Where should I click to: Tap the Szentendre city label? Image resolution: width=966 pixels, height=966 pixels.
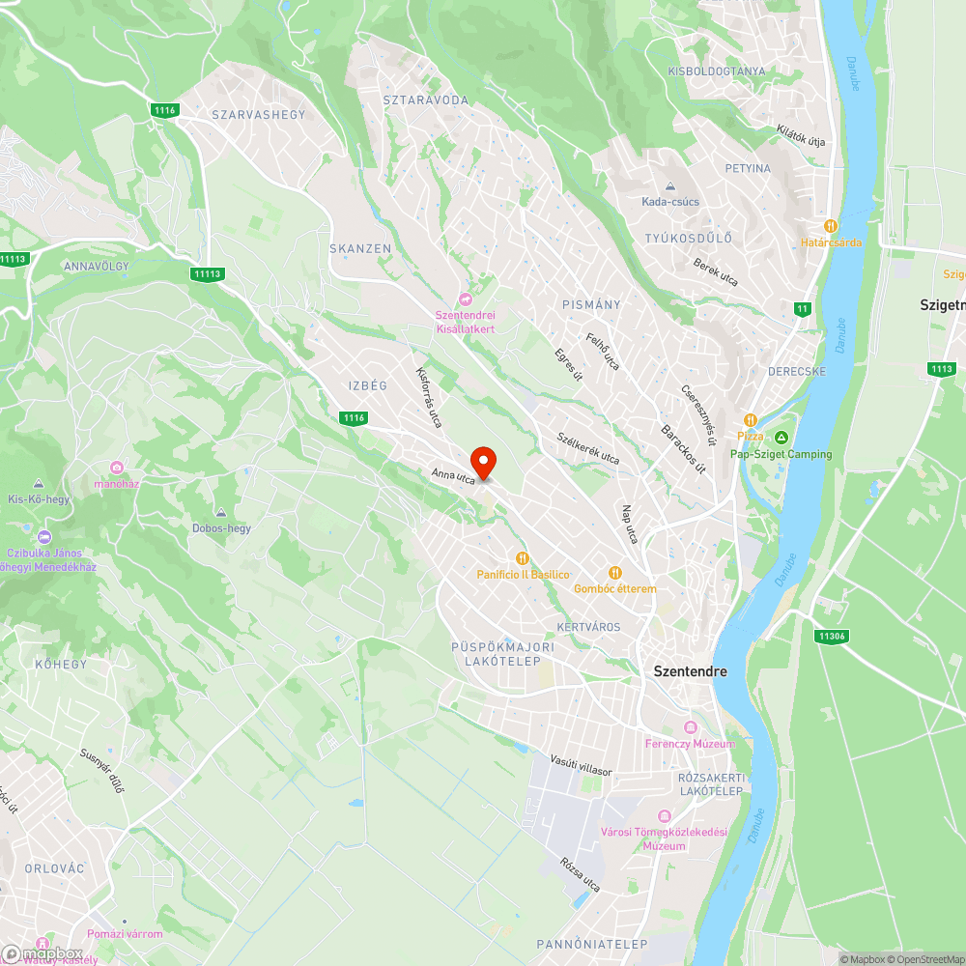(691, 671)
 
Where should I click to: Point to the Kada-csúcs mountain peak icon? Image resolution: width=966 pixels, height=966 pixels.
(670, 186)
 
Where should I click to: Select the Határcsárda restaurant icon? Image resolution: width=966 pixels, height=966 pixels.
(831, 225)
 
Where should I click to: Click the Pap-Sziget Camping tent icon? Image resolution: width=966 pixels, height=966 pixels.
(781, 438)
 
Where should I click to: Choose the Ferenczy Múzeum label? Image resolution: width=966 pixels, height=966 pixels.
(690, 744)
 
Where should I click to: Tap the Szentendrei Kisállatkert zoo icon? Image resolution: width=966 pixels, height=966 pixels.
(466, 299)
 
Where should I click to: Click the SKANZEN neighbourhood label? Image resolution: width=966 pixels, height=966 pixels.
(360, 248)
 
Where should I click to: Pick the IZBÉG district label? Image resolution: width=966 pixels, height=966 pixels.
(367, 385)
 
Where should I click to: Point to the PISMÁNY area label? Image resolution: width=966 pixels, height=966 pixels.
(591, 304)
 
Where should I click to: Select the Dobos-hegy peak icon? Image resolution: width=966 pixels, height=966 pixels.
(221, 512)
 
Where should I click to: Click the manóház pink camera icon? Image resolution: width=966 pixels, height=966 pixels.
(118, 468)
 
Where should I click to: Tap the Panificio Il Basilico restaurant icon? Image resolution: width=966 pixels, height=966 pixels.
(523, 558)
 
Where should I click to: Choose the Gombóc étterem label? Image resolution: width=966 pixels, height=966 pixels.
(614, 588)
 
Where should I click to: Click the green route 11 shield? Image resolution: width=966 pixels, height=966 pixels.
(802, 309)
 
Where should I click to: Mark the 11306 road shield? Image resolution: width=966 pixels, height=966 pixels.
(831, 636)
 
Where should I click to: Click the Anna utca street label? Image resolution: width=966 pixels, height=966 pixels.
(454, 474)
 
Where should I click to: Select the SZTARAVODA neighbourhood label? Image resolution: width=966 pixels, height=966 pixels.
(425, 99)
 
